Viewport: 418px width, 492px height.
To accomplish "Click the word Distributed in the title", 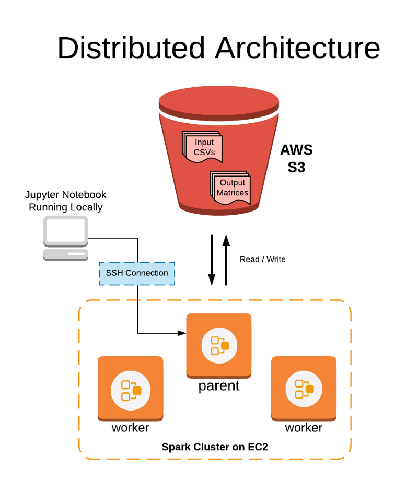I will click(x=131, y=48).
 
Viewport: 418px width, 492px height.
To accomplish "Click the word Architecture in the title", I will click(x=297, y=48).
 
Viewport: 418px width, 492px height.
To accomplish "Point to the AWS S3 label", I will click(x=296, y=159).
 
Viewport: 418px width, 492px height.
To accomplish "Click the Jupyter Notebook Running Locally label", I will click(x=66, y=201).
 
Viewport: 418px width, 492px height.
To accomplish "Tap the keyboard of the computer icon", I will click(x=65, y=254).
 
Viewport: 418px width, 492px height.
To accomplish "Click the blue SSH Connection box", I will click(x=137, y=273).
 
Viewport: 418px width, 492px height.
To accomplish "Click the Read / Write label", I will click(x=262, y=259).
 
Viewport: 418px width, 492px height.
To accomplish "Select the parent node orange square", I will click(x=219, y=345).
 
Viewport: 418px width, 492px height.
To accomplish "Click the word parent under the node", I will click(x=219, y=386).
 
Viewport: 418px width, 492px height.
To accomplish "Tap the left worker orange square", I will click(x=130, y=388).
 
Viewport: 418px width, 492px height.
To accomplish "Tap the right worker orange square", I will click(x=304, y=388).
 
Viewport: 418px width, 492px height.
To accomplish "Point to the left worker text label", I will click(x=130, y=428).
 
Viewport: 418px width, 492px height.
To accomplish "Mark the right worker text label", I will click(x=304, y=428).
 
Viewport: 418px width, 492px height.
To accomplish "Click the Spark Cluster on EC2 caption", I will click(x=215, y=447).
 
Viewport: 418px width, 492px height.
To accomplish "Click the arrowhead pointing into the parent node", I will click(x=182, y=333).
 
